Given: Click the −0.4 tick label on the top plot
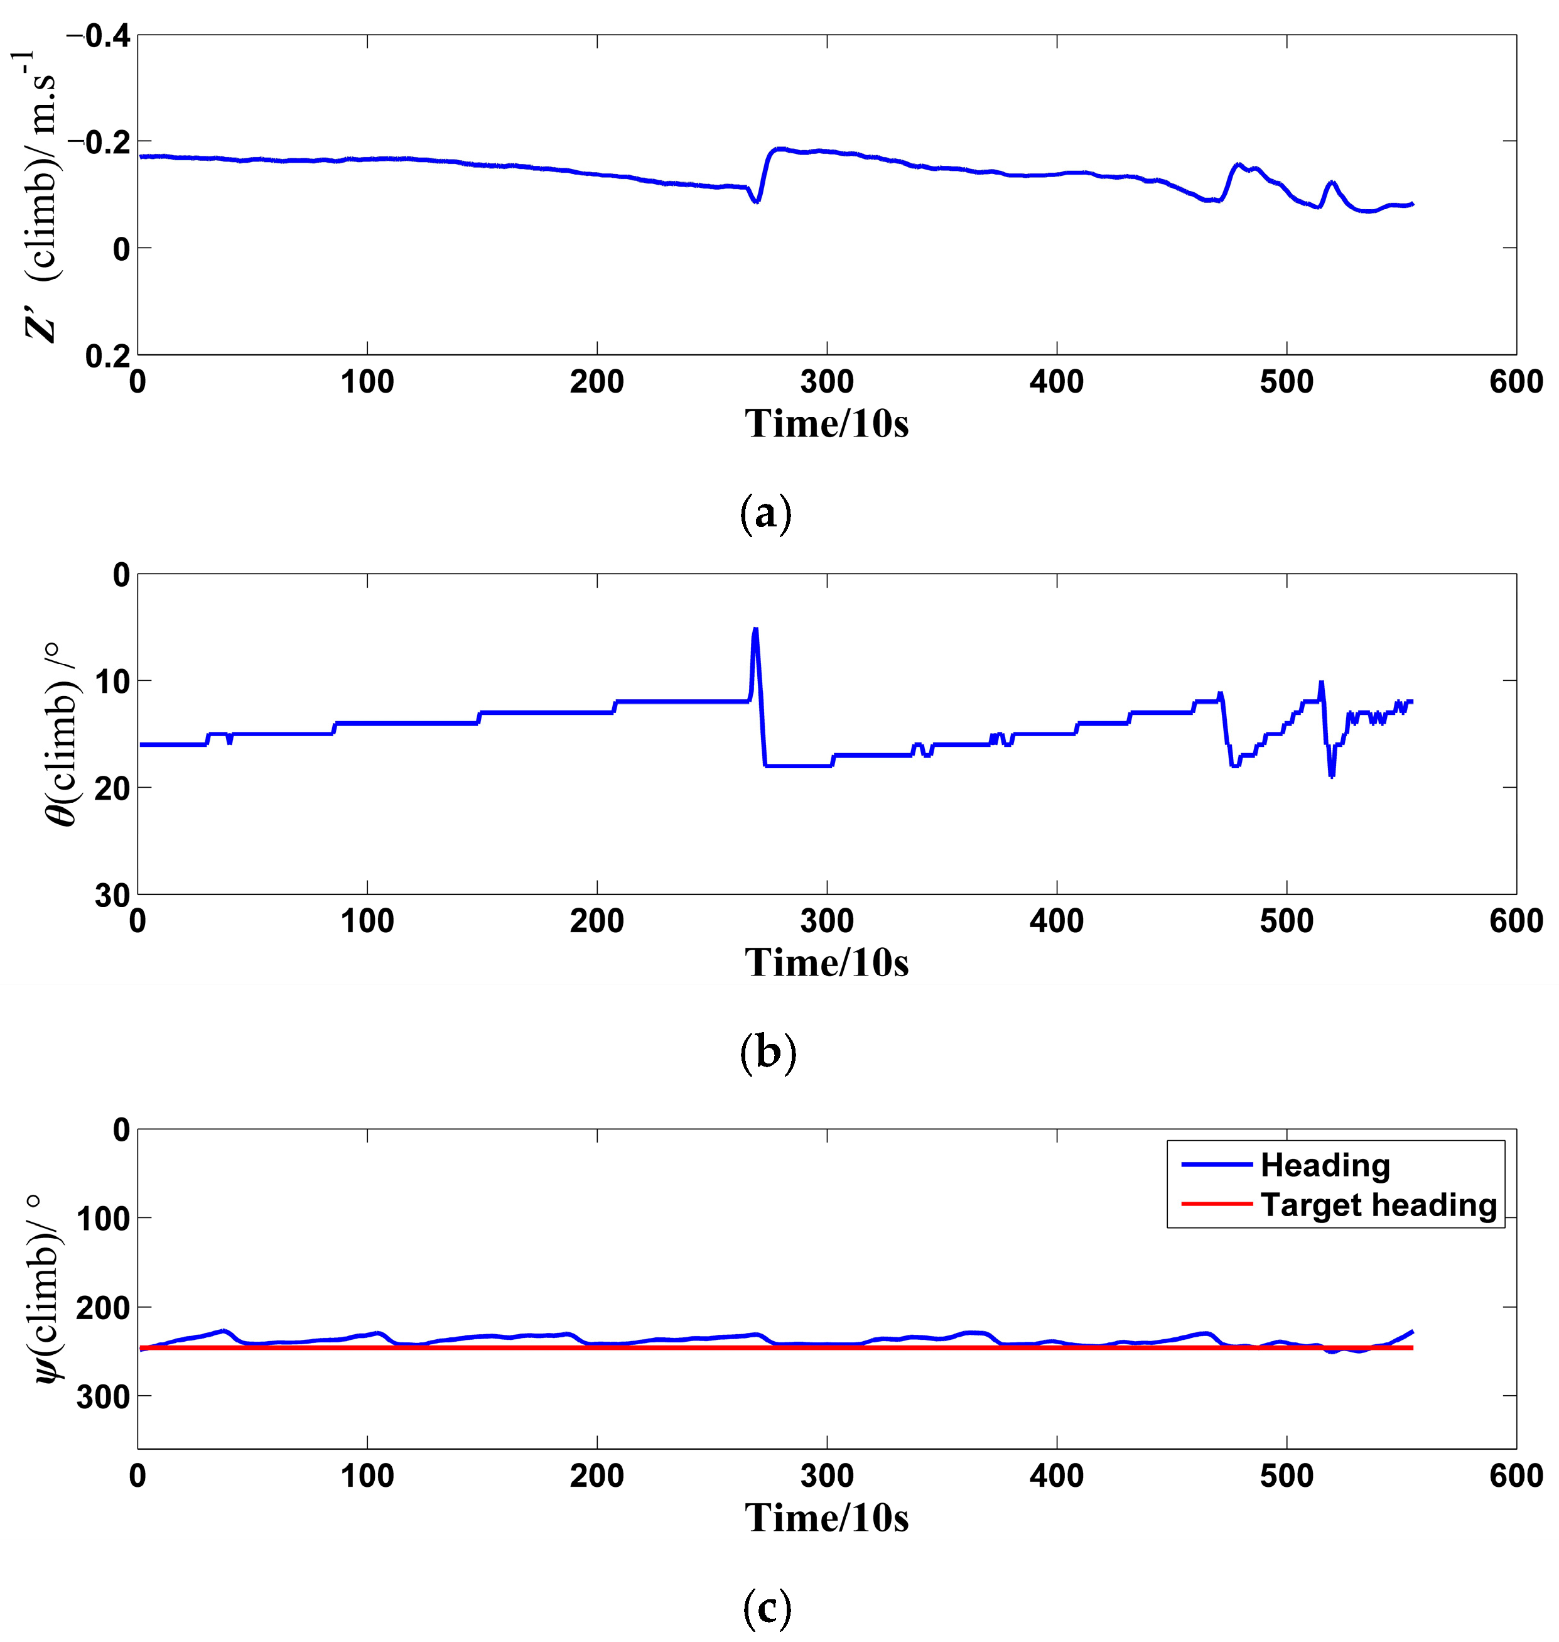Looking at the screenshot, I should point(98,36).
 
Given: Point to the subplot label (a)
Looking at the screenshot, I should point(765,514).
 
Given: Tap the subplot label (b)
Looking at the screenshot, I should point(767,1053).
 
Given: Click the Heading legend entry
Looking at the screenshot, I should point(1325,1166).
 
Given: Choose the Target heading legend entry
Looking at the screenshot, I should point(1378,1205).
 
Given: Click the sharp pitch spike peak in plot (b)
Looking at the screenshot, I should point(755,629).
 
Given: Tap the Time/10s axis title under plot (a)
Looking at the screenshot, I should point(826,424).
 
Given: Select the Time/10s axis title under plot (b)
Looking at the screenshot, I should point(826,963).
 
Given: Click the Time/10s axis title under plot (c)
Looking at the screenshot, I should point(826,1518).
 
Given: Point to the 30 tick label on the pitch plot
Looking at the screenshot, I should point(112,895).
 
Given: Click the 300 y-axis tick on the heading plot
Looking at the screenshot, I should point(103,1398).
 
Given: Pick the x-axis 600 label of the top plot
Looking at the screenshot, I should point(1515,383).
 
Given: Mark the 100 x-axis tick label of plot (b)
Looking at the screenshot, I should point(367,921).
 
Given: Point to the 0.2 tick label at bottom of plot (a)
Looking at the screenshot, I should point(107,356).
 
